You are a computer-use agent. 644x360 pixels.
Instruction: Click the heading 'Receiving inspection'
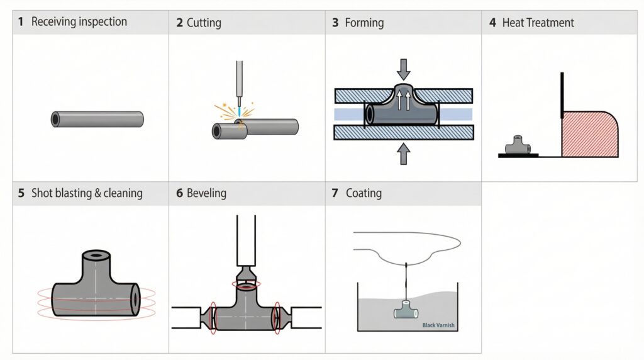79,22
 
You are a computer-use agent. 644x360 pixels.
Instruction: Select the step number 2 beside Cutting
179,23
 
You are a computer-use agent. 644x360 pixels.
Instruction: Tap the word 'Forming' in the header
364,23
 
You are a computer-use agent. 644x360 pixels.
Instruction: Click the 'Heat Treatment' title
538,23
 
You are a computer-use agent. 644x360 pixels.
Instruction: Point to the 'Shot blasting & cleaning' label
87,193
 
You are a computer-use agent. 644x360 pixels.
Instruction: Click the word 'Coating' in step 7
364,193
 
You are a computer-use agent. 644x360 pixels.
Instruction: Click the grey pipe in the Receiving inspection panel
97,119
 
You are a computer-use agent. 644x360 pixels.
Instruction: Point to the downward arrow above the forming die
403,68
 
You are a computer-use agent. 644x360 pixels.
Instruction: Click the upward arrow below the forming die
403,153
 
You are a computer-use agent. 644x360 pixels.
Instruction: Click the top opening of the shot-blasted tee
96,257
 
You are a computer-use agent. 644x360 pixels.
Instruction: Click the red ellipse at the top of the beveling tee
245,285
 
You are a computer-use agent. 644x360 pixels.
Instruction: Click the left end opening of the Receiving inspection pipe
56,119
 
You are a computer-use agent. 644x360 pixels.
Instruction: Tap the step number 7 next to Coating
335,193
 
